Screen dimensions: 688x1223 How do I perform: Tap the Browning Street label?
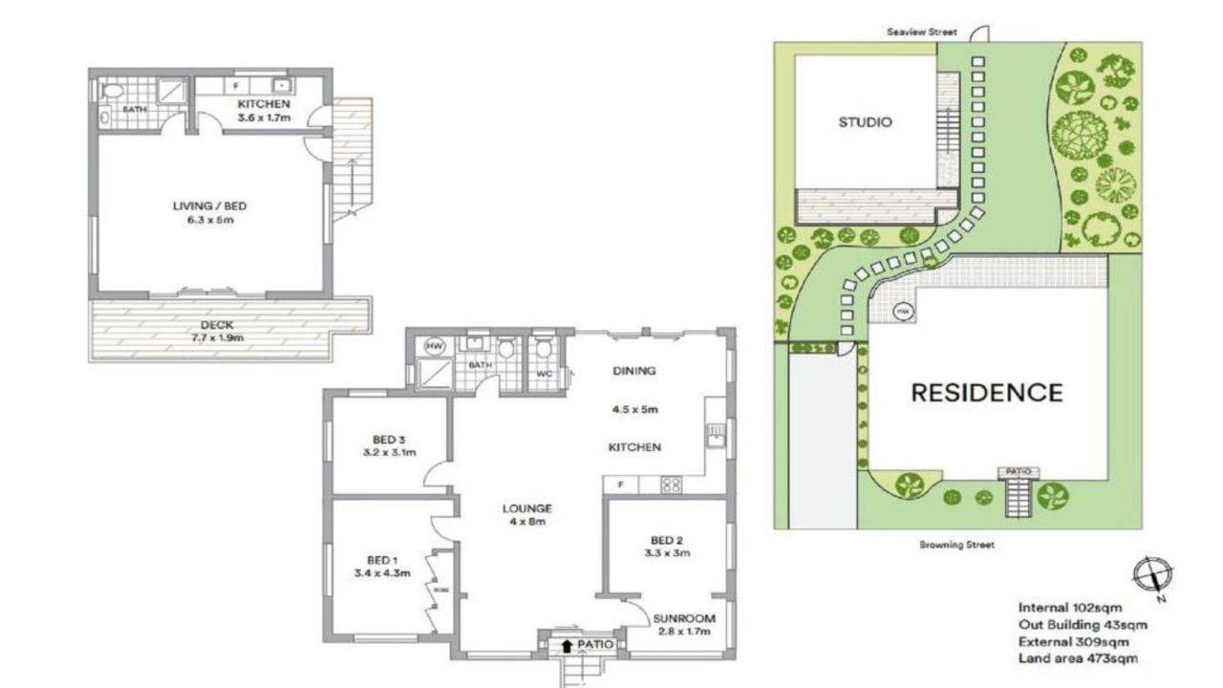pos(956,545)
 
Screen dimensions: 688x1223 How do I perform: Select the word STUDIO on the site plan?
pos(865,122)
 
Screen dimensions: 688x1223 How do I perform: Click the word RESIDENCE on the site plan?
pos(986,393)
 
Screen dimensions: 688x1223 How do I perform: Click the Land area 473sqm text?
pos(1077,658)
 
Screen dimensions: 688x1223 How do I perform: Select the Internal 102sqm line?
pos(1069,607)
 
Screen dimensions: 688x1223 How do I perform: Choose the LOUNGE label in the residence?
pos(526,508)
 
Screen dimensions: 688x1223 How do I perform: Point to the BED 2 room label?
pos(668,539)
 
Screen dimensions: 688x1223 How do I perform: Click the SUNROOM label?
pos(684,617)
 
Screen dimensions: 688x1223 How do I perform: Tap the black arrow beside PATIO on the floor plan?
pos(567,645)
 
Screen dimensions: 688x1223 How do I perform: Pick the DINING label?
pos(634,371)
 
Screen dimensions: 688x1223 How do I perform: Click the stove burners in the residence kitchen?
pos(672,485)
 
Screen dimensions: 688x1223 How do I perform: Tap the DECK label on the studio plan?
pos(217,325)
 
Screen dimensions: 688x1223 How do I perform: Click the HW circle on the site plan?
pos(903,312)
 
